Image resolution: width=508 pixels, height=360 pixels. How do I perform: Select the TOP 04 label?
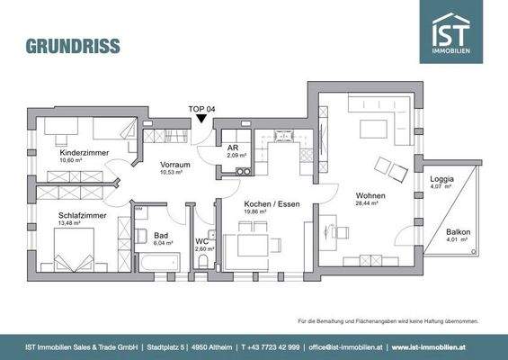pos(201,107)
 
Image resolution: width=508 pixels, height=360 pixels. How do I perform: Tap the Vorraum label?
pos(175,165)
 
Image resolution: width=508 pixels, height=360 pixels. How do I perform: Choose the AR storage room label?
pos(232,148)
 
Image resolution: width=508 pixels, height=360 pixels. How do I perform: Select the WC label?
pos(203,241)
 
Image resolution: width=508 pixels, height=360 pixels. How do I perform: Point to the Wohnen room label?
pos(370,195)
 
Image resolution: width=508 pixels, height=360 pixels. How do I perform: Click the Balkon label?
pos(458,232)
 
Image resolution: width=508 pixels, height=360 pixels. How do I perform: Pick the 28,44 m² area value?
pos(370,203)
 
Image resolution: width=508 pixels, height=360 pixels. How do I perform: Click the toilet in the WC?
pos(205,261)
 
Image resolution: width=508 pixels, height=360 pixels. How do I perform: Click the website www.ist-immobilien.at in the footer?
pos(442,346)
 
